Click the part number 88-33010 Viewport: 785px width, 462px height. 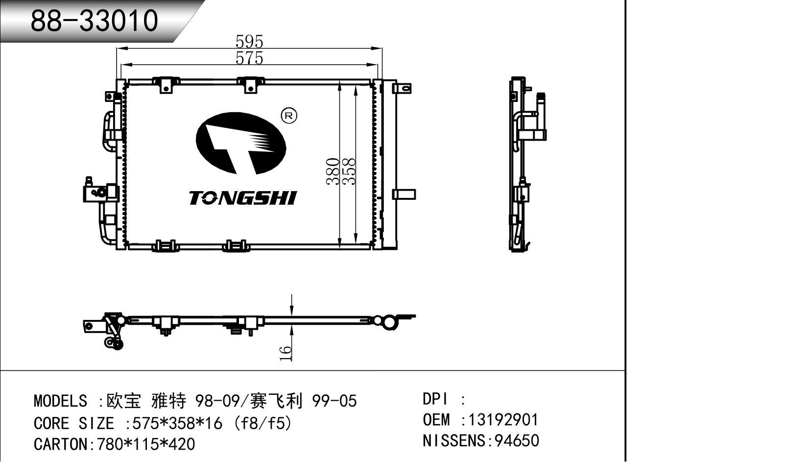coord(94,21)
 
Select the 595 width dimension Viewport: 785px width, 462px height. coord(249,41)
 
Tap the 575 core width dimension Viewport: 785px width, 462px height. coord(249,58)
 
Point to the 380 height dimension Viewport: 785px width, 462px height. coord(333,171)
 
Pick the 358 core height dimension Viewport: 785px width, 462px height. coord(349,171)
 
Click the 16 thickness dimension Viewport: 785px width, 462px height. coord(286,353)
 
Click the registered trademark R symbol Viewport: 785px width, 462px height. coord(289,116)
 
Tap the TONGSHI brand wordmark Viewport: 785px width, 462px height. coord(243,198)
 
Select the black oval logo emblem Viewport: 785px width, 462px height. coord(240,143)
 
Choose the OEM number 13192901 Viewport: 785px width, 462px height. coord(503,420)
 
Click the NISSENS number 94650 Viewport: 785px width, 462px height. coord(517,441)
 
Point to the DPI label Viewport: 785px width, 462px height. coord(435,399)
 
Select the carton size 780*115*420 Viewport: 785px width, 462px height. coord(146,444)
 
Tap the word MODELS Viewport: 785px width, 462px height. coord(60,401)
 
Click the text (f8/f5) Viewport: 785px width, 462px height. coord(263,423)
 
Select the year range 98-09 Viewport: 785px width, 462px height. coord(217,401)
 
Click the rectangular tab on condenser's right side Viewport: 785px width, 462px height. coord(404,194)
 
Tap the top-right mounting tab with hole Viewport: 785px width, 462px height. coord(404,88)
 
